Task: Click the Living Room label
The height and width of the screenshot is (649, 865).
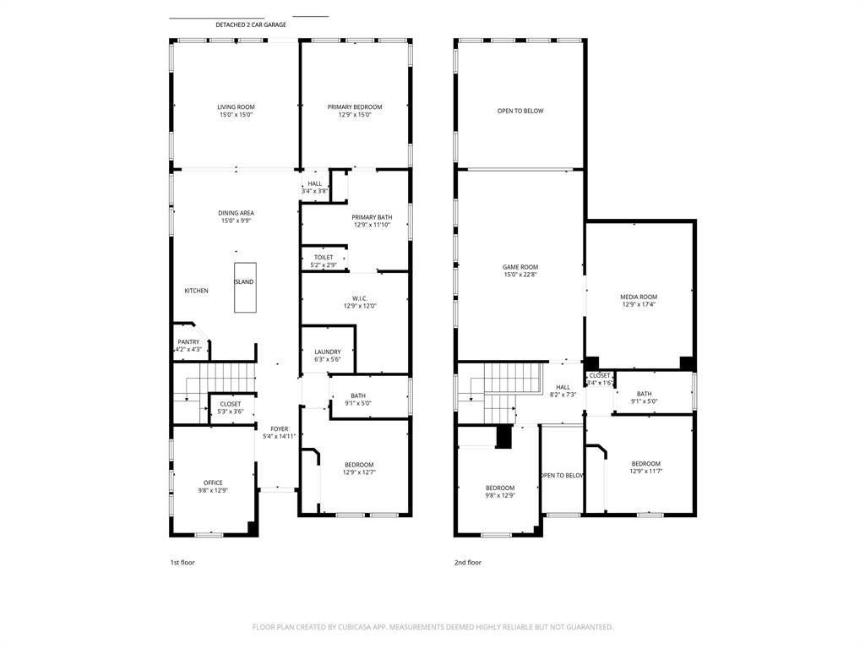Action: coord(237,107)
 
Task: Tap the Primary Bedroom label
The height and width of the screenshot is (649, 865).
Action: coord(355,107)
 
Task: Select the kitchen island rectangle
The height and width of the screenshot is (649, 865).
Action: coord(245,287)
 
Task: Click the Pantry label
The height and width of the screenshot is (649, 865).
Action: coord(188,342)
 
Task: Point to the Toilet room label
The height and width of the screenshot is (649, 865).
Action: coord(324,258)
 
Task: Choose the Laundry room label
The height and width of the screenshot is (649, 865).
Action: coord(328,352)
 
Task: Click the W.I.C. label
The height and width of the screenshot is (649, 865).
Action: coord(360,298)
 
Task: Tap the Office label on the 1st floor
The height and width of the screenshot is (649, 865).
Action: coord(213,483)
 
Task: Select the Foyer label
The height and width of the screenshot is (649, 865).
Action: coord(279,428)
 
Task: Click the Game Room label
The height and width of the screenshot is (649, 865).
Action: coord(520,267)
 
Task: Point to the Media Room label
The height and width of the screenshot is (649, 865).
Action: coord(639,297)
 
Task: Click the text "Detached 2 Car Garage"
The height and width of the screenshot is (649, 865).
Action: coord(251,25)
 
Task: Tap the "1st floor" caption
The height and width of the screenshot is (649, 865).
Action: coord(182,562)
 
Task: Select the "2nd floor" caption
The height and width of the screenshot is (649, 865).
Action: coord(468,562)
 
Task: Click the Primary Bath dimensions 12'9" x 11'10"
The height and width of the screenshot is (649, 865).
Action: coord(372,225)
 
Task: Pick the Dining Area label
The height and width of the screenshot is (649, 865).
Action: coord(237,213)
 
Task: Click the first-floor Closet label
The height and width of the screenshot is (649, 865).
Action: coord(231,404)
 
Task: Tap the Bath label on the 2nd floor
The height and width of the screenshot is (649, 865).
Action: coord(645,394)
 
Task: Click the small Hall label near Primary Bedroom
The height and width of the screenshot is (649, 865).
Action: coord(315,183)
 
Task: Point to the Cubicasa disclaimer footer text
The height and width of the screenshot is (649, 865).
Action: coord(432,627)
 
